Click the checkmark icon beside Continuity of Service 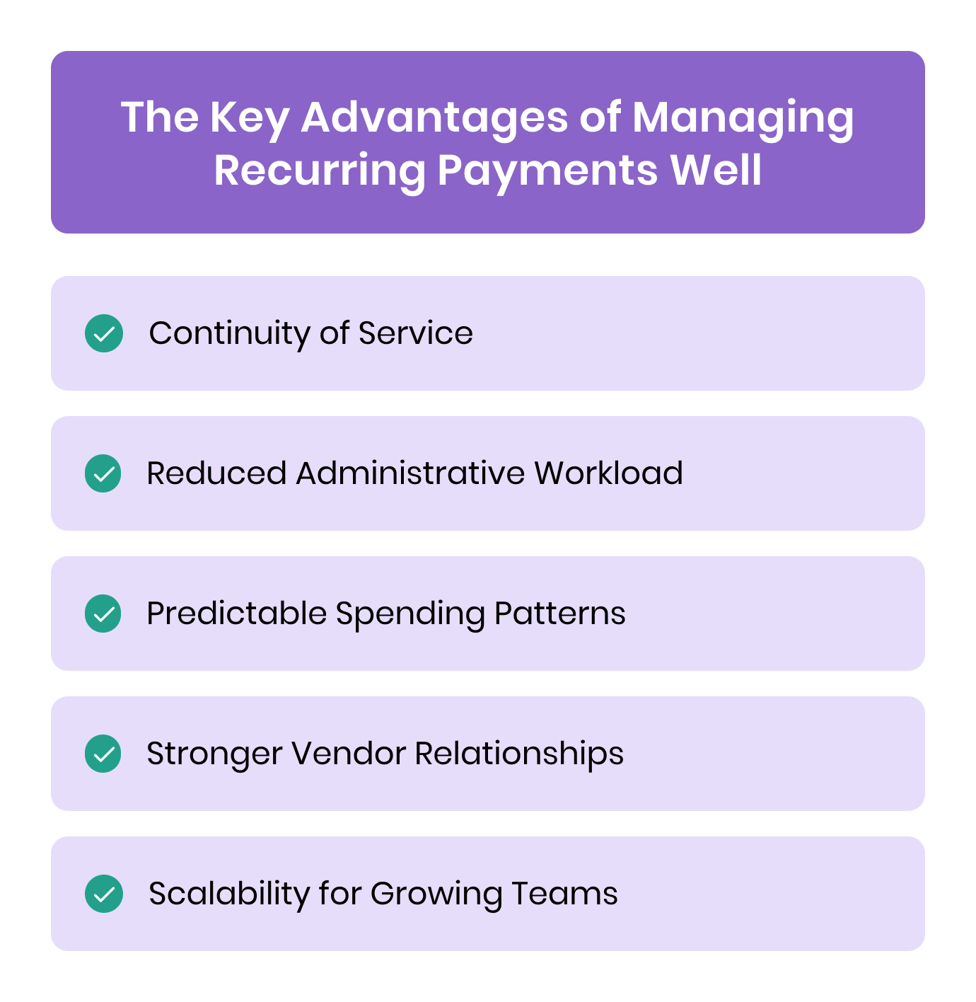pos(104,333)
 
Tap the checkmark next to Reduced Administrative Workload pos(103,473)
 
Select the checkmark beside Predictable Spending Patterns pos(103,614)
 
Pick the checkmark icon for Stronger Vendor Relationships pos(103,754)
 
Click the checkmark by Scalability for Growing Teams pos(104,894)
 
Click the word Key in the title pos(249,117)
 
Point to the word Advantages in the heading pos(434,117)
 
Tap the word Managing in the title pos(743,117)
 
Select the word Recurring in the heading pos(320,171)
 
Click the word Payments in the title pos(547,171)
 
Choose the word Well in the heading pos(716,171)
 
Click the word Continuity pos(228,333)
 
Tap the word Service pos(416,333)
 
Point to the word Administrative pos(410,473)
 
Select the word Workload pos(608,473)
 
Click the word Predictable pos(236,614)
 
